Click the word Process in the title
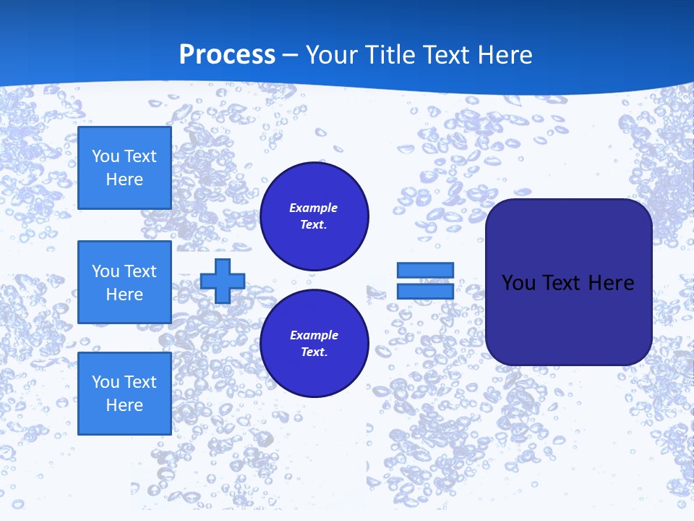(227, 55)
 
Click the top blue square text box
(124, 168)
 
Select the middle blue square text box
(124, 282)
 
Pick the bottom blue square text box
(124, 394)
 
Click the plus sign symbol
(223, 281)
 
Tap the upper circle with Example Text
(314, 216)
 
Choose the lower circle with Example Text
(314, 344)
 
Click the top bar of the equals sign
(425, 270)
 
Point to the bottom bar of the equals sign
(425, 291)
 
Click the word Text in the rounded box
(562, 283)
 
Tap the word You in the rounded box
(519, 283)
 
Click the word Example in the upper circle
(314, 208)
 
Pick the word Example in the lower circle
(314, 335)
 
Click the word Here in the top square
(124, 179)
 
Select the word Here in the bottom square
(124, 405)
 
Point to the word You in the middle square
(106, 271)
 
